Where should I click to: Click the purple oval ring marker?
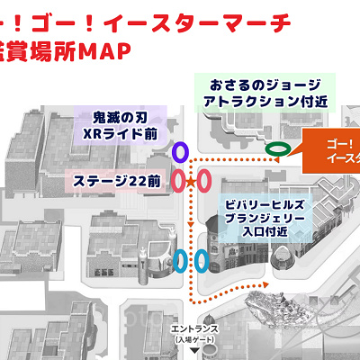pos(180,150)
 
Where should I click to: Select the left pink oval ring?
pos(179,181)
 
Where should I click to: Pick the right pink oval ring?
pos(204,181)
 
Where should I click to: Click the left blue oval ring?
pos(181,261)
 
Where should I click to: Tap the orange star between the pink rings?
pos(191,182)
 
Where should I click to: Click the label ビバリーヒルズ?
pos(269,202)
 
